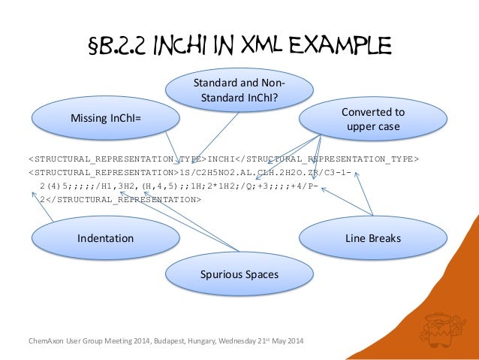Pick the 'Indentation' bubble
(105, 238)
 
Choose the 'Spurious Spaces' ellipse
(238, 274)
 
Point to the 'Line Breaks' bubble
(372, 238)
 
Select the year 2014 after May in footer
(296, 344)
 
